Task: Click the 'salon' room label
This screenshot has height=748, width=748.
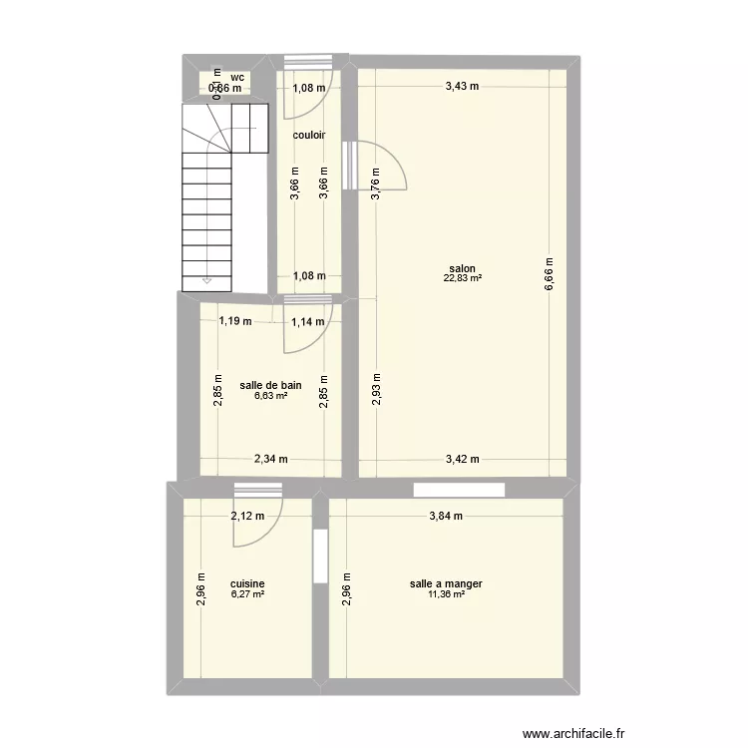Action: [x=462, y=268]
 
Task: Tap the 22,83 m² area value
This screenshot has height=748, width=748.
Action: [x=462, y=278]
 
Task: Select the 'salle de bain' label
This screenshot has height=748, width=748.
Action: [x=270, y=385]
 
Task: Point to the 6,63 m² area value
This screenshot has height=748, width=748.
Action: [x=268, y=396]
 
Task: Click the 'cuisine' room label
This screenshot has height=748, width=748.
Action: [x=247, y=584]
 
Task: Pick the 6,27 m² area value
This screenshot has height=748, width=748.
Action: [x=247, y=594]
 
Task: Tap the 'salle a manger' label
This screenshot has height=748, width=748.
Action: [x=446, y=584]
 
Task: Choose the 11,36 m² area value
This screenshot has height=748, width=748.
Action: [x=446, y=594]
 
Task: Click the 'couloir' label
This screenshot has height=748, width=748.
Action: [x=309, y=135]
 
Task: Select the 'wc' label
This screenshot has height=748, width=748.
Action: [x=237, y=77]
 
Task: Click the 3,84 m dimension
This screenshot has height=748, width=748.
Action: [x=447, y=516]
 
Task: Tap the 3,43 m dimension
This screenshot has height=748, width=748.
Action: [x=462, y=86]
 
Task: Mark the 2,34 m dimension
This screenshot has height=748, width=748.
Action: [x=270, y=460]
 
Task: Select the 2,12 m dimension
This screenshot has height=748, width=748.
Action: [x=247, y=516]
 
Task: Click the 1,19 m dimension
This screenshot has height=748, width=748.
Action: [x=236, y=321]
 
